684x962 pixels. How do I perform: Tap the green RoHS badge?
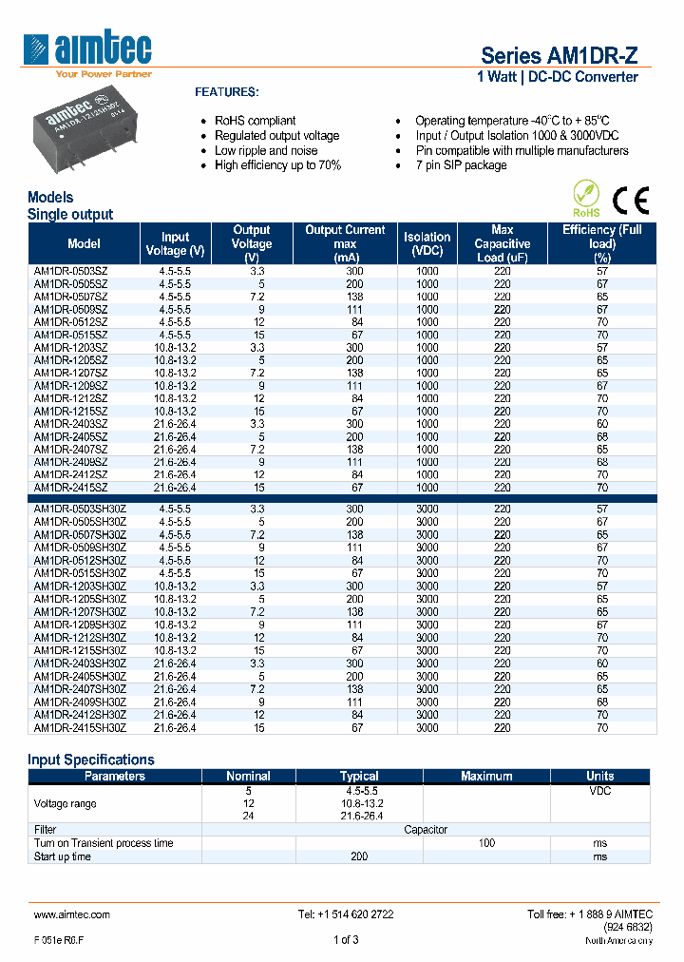[587, 201]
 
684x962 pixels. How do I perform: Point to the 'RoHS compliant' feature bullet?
[255, 121]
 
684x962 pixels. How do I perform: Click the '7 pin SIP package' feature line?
[461, 165]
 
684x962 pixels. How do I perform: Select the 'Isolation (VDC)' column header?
[427, 243]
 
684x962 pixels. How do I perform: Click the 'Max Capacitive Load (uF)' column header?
[503, 243]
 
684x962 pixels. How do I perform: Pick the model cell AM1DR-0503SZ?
[71, 271]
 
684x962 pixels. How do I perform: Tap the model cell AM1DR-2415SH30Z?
[80, 727]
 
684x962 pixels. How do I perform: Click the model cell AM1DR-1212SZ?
[71, 398]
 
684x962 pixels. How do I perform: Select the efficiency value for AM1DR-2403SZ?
[602, 424]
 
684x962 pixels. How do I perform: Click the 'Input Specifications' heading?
[91, 760]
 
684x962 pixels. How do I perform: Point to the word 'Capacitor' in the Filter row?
[426, 830]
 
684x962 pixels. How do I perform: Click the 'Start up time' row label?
[63, 856]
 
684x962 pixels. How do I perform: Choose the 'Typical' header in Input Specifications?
[359, 776]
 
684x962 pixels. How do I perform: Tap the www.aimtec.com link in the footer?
[72, 914]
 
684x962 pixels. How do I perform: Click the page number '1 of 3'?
[346, 941]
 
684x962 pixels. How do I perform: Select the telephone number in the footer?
[346, 914]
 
